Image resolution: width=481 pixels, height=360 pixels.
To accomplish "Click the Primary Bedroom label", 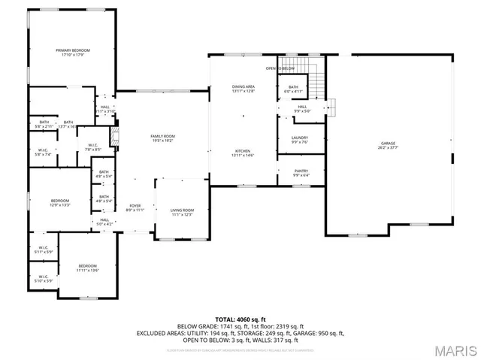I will click(x=72, y=53).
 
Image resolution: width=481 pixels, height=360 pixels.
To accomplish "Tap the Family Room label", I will click(x=163, y=138).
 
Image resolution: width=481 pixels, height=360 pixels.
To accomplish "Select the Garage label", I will click(x=388, y=145).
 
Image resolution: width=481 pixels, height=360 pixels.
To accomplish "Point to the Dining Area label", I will click(x=243, y=89).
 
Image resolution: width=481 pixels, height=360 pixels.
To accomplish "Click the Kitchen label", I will click(x=243, y=153).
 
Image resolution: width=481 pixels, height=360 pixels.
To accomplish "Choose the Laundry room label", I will click(x=301, y=140).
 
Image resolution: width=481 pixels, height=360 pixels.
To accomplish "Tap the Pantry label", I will click(x=301, y=173).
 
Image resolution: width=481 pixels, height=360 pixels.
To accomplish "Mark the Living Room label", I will click(x=182, y=213).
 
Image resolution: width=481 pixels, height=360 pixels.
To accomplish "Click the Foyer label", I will click(x=135, y=207).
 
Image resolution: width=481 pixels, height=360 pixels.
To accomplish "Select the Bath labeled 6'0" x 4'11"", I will click(x=293, y=89).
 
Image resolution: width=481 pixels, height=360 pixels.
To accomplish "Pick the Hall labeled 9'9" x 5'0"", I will click(x=302, y=109).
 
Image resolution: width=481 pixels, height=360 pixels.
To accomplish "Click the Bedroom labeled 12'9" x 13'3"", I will click(x=60, y=202).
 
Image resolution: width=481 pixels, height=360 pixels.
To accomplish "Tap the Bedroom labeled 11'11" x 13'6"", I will click(x=88, y=268).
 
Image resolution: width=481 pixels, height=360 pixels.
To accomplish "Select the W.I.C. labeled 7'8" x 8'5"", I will click(x=93, y=147).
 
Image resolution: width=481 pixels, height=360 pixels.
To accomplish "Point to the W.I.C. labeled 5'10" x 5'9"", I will click(x=43, y=278).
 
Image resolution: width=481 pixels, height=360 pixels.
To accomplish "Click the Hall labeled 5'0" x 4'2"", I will click(x=104, y=222).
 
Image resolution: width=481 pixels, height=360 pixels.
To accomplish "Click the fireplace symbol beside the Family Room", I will click(x=115, y=137).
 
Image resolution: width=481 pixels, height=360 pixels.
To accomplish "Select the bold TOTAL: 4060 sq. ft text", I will click(x=240, y=319).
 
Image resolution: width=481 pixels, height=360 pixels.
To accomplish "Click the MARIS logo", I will click(x=455, y=349).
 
